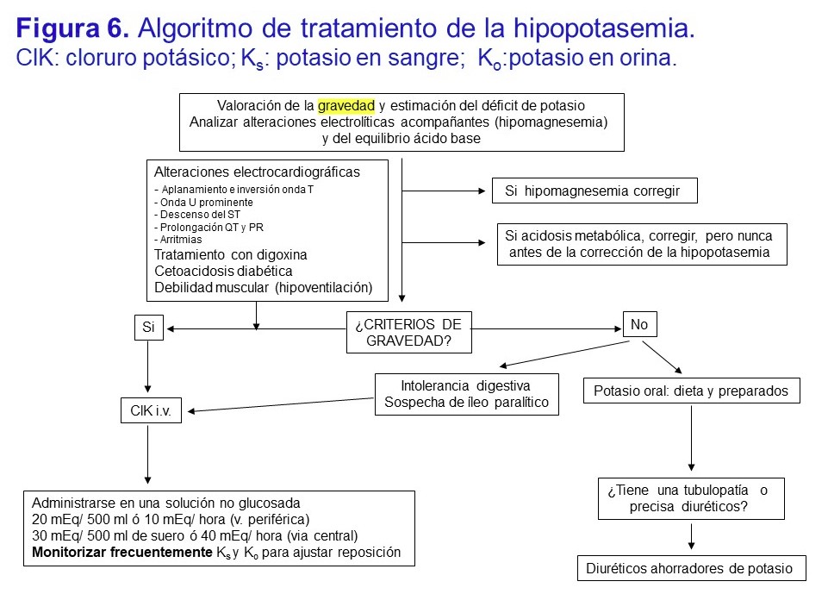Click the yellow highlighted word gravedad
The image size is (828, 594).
tap(346, 106)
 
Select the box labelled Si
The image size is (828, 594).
tap(148, 328)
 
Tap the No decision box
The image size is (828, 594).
tap(639, 325)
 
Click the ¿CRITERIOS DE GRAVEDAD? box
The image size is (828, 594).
tap(408, 332)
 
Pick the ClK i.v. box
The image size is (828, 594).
tap(151, 411)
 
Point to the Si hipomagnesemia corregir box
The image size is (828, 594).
tap(595, 191)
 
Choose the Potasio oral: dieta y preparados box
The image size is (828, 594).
tap(691, 391)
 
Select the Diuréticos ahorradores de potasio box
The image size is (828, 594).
tap(695, 569)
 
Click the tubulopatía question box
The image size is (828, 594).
tap(691, 498)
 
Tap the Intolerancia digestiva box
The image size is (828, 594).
tap(466, 394)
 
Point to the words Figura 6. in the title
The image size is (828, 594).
tap(73, 29)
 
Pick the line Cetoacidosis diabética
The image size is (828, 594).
tap(223, 271)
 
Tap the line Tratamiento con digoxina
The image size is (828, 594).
tap(230, 255)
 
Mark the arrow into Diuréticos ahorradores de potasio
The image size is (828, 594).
tap(691, 538)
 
